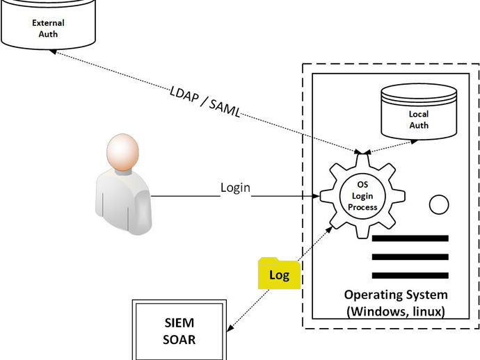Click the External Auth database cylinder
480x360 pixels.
click(49, 24)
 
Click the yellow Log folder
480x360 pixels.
click(279, 274)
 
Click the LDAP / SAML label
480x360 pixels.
click(205, 102)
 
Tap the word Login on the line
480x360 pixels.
click(235, 188)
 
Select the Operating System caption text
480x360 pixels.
click(395, 294)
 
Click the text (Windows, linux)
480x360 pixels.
click(395, 311)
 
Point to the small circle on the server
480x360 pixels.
click(439, 205)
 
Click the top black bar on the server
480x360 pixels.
click(410, 238)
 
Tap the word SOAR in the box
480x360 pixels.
click(179, 340)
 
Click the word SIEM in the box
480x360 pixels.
click(179, 323)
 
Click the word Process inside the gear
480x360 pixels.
click(362, 207)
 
